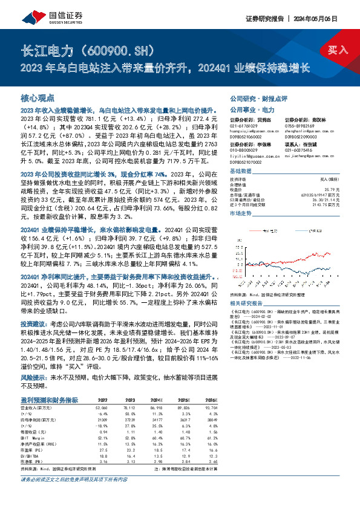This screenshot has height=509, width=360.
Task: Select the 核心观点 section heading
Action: click(38, 97)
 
